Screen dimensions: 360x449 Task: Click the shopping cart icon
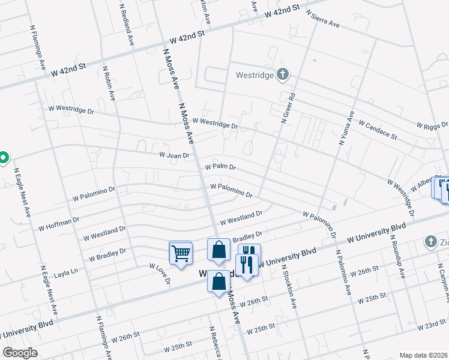click(x=181, y=253)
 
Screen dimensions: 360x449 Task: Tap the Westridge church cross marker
click(x=283, y=74)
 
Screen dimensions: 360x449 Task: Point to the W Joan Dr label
click(x=174, y=155)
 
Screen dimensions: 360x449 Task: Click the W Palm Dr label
click(x=220, y=167)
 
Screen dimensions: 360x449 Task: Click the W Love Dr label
click(x=160, y=274)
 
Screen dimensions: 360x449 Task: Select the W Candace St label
click(x=378, y=129)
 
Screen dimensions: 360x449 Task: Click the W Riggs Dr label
click(x=432, y=125)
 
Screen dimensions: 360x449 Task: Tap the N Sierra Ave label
click(x=323, y=19)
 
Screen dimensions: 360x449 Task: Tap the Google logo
click(x=19, y=353)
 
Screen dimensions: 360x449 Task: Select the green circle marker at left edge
click(x=3, y=158)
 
